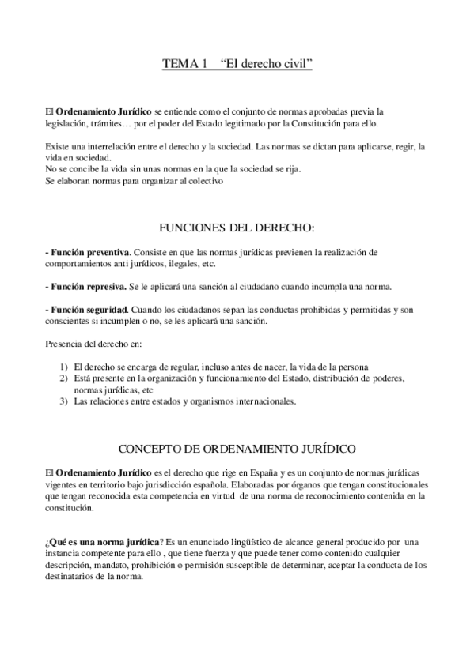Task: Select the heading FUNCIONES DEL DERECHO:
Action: click(x=237, y=228)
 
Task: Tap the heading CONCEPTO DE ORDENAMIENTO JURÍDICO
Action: click(x=237, y=449)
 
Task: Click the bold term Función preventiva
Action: click(x=88, y=252)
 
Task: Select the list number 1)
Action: click(x=65, y=367)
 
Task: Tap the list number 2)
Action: click(x=65, y=378)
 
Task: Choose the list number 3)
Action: click(x=65, y=401)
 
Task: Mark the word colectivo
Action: click(x=207, y=181)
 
